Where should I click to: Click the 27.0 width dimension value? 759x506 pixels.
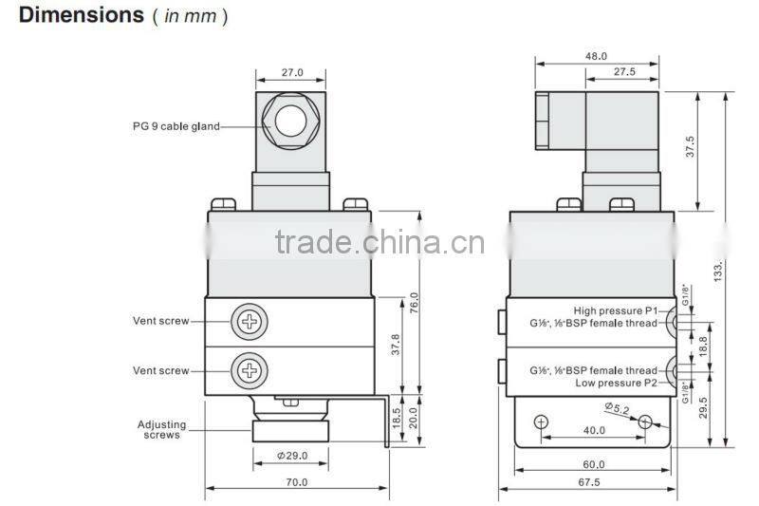292,71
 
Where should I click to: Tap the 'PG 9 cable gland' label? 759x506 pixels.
176,126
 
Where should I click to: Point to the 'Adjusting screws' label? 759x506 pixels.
161,430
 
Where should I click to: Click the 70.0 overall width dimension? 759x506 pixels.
297,482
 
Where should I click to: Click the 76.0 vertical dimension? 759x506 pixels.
414,303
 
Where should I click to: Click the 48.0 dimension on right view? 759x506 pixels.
596,56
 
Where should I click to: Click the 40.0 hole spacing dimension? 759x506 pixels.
595,430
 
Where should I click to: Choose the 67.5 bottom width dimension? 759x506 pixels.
595,482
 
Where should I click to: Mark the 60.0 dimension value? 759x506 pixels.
595,465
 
